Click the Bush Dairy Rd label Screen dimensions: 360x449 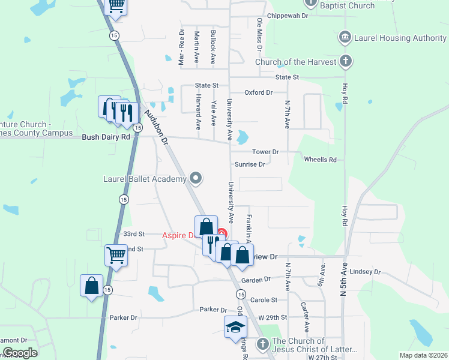[106, 137]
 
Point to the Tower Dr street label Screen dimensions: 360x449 [265, 152]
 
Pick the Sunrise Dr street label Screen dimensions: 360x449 [250, 164]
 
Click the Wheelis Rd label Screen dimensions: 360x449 [320, 160]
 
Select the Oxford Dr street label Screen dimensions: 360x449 [259, 92]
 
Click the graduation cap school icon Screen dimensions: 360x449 [235, 328]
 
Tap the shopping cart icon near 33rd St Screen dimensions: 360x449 [116, 254]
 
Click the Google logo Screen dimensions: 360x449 [20, 353]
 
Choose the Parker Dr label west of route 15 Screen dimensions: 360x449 [123, 317]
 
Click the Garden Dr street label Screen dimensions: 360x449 [256, 280]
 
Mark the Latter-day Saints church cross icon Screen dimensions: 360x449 [262, 344]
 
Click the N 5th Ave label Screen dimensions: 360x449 [344, 282]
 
